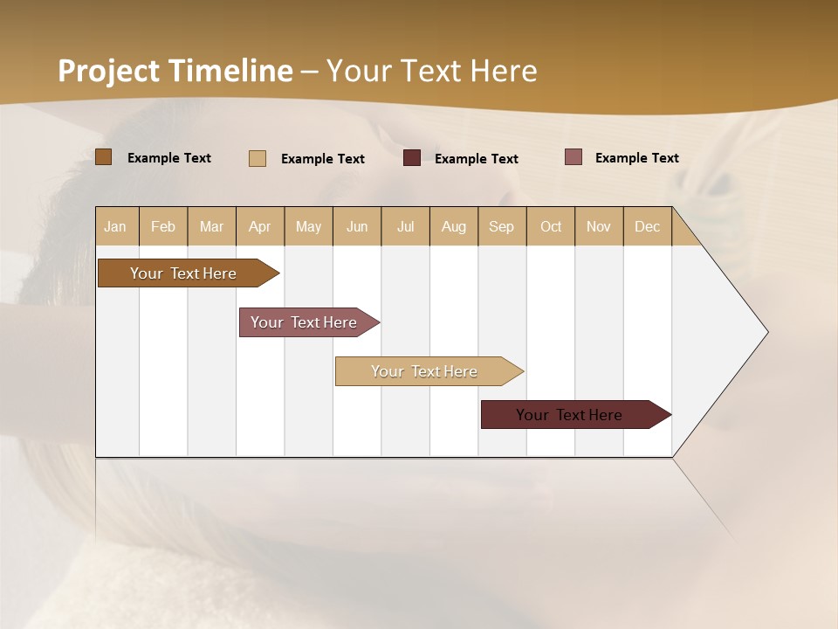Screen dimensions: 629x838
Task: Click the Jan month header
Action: pos(116,226)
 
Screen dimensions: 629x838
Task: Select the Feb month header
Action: pos(163,226)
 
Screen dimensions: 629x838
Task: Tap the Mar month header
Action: pos(211,226)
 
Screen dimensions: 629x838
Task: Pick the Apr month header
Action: pos(260,226)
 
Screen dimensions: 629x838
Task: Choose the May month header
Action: pos(308,226)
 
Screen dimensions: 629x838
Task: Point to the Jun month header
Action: pos(357,226)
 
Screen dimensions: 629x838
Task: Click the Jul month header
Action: pos(405,226)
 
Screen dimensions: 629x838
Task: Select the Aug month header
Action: pos(454,226)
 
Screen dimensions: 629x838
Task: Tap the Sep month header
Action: pos(502,226)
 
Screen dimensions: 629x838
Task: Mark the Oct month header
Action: pos(551,226)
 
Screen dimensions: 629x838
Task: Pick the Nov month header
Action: pos(599,226)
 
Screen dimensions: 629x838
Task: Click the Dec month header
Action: pos(648,226)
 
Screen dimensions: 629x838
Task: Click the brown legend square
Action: pos(104,157)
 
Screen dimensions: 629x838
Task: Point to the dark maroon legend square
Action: pos(412,158)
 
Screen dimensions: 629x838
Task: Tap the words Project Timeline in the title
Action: pos(175,71)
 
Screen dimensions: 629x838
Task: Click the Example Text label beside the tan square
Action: pos(322,159)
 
